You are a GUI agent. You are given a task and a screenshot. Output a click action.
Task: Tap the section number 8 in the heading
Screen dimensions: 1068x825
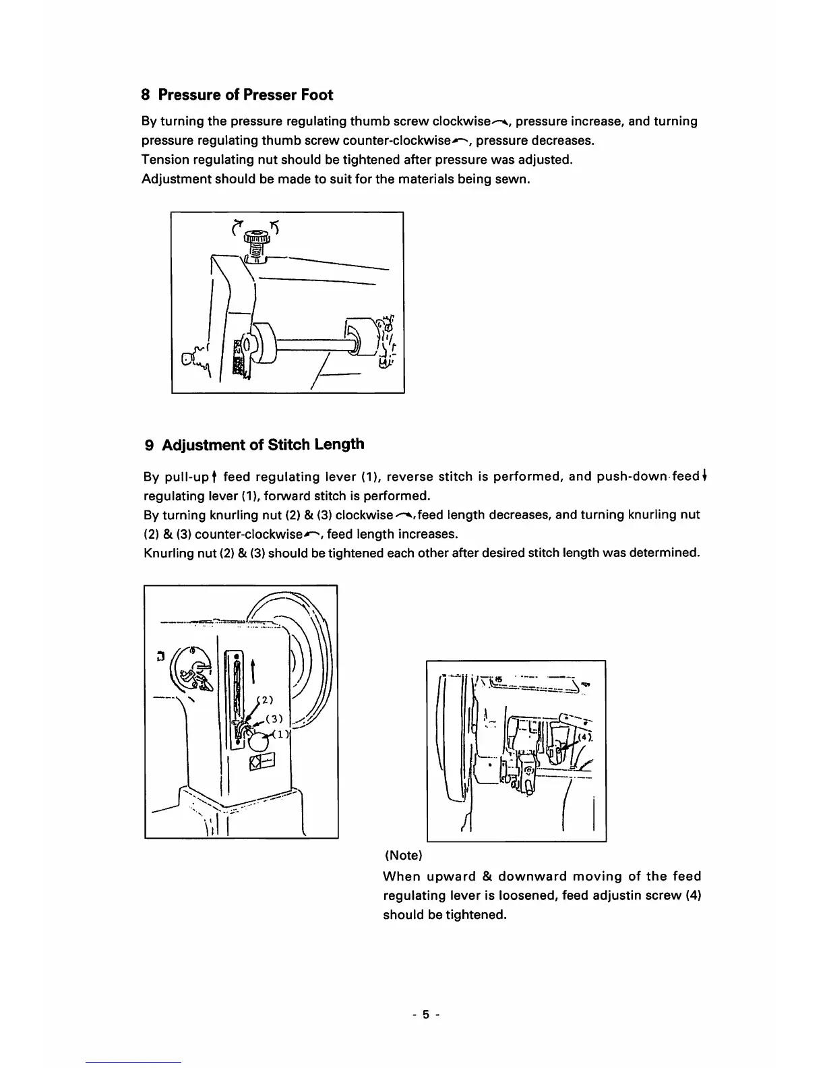(146, 94)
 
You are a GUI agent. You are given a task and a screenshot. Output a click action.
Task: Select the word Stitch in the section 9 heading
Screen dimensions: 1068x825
(294, 444)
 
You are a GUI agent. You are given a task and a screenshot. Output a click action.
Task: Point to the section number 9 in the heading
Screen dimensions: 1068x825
(150, 445)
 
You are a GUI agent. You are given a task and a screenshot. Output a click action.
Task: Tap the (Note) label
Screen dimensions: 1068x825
(403, 856)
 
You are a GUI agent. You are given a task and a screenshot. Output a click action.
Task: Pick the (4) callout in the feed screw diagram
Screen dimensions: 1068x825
(585, 737)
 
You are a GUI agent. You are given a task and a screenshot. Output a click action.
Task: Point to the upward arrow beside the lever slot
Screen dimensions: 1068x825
(253, 669)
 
